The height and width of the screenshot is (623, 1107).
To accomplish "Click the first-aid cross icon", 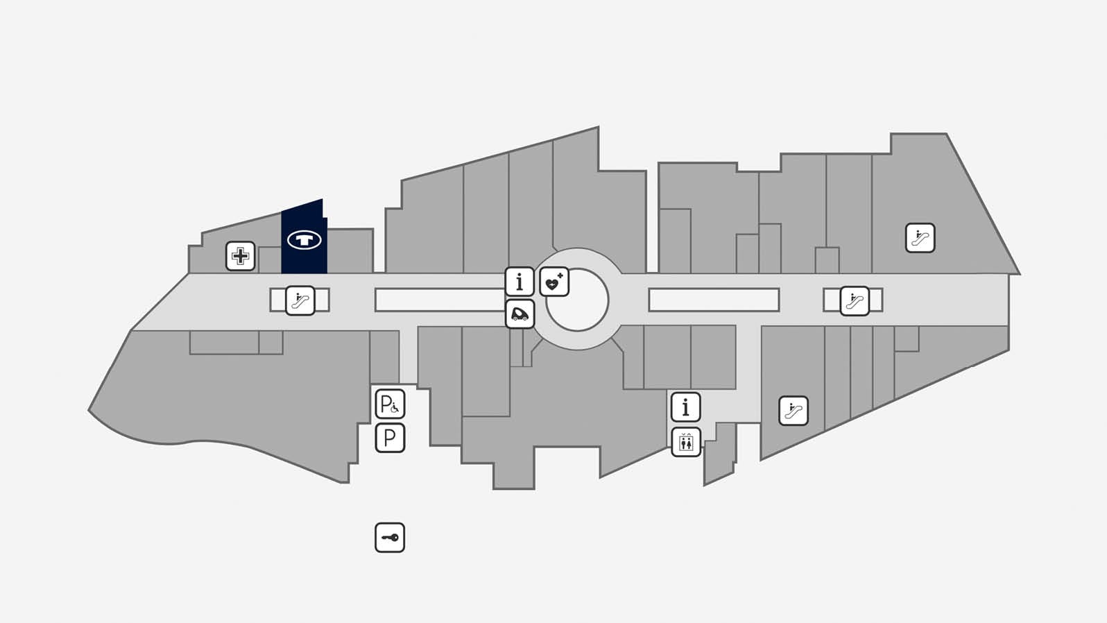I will pos(240,256).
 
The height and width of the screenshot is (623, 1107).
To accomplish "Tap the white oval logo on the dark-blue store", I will pos(304,240).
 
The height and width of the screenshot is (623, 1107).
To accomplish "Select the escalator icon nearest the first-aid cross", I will pos(300,300).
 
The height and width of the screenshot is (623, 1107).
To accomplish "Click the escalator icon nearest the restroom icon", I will pos(793,411).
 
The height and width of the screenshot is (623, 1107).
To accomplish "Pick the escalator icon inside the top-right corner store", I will pos(920,238).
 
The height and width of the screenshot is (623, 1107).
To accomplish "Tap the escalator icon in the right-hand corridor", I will pos(855,301).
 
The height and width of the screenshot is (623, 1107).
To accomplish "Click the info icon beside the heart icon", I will pos(520,282).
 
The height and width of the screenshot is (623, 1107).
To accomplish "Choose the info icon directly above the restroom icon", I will pos(686,407).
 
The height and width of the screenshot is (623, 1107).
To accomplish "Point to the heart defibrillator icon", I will pos(554,282).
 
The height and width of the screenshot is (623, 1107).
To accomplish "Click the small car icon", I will pos(520,314).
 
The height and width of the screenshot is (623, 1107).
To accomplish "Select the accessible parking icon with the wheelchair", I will pos(390,404).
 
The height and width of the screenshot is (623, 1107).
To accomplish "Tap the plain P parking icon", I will pos(390,438).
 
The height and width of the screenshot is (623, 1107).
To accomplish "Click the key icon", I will pos(390,538).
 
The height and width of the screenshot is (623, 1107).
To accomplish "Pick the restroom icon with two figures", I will pos(686,442).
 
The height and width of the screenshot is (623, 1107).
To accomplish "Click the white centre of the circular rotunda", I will pos(578,300).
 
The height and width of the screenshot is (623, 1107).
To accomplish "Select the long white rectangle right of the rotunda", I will pos(714,300).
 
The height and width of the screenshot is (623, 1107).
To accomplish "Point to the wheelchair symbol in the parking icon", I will pos(395,408).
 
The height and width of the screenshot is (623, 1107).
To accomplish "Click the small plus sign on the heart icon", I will pos(560,276).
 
